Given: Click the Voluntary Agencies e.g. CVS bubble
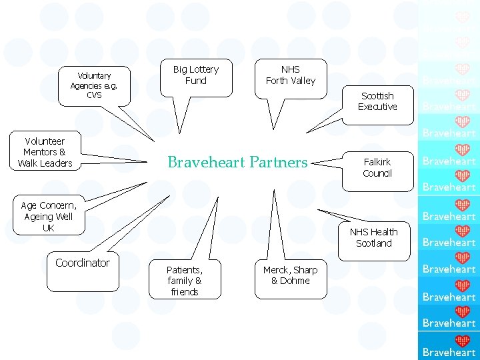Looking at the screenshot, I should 94,85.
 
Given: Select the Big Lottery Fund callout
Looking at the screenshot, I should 195,75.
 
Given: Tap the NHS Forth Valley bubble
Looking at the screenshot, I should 291,75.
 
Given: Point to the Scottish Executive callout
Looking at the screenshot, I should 377,101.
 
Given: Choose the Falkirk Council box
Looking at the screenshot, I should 377,167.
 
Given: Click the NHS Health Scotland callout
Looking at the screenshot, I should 373,237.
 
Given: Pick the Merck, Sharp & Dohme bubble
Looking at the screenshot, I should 290,275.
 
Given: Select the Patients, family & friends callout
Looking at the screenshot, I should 185,280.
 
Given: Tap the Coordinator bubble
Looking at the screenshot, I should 83,263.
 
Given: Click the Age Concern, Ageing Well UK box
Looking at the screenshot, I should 49,217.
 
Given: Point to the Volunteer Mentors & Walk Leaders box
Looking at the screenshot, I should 45,152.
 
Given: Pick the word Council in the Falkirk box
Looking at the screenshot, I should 377,173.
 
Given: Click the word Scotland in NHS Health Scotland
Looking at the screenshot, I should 373,243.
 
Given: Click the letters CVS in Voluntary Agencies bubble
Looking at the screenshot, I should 94,95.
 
